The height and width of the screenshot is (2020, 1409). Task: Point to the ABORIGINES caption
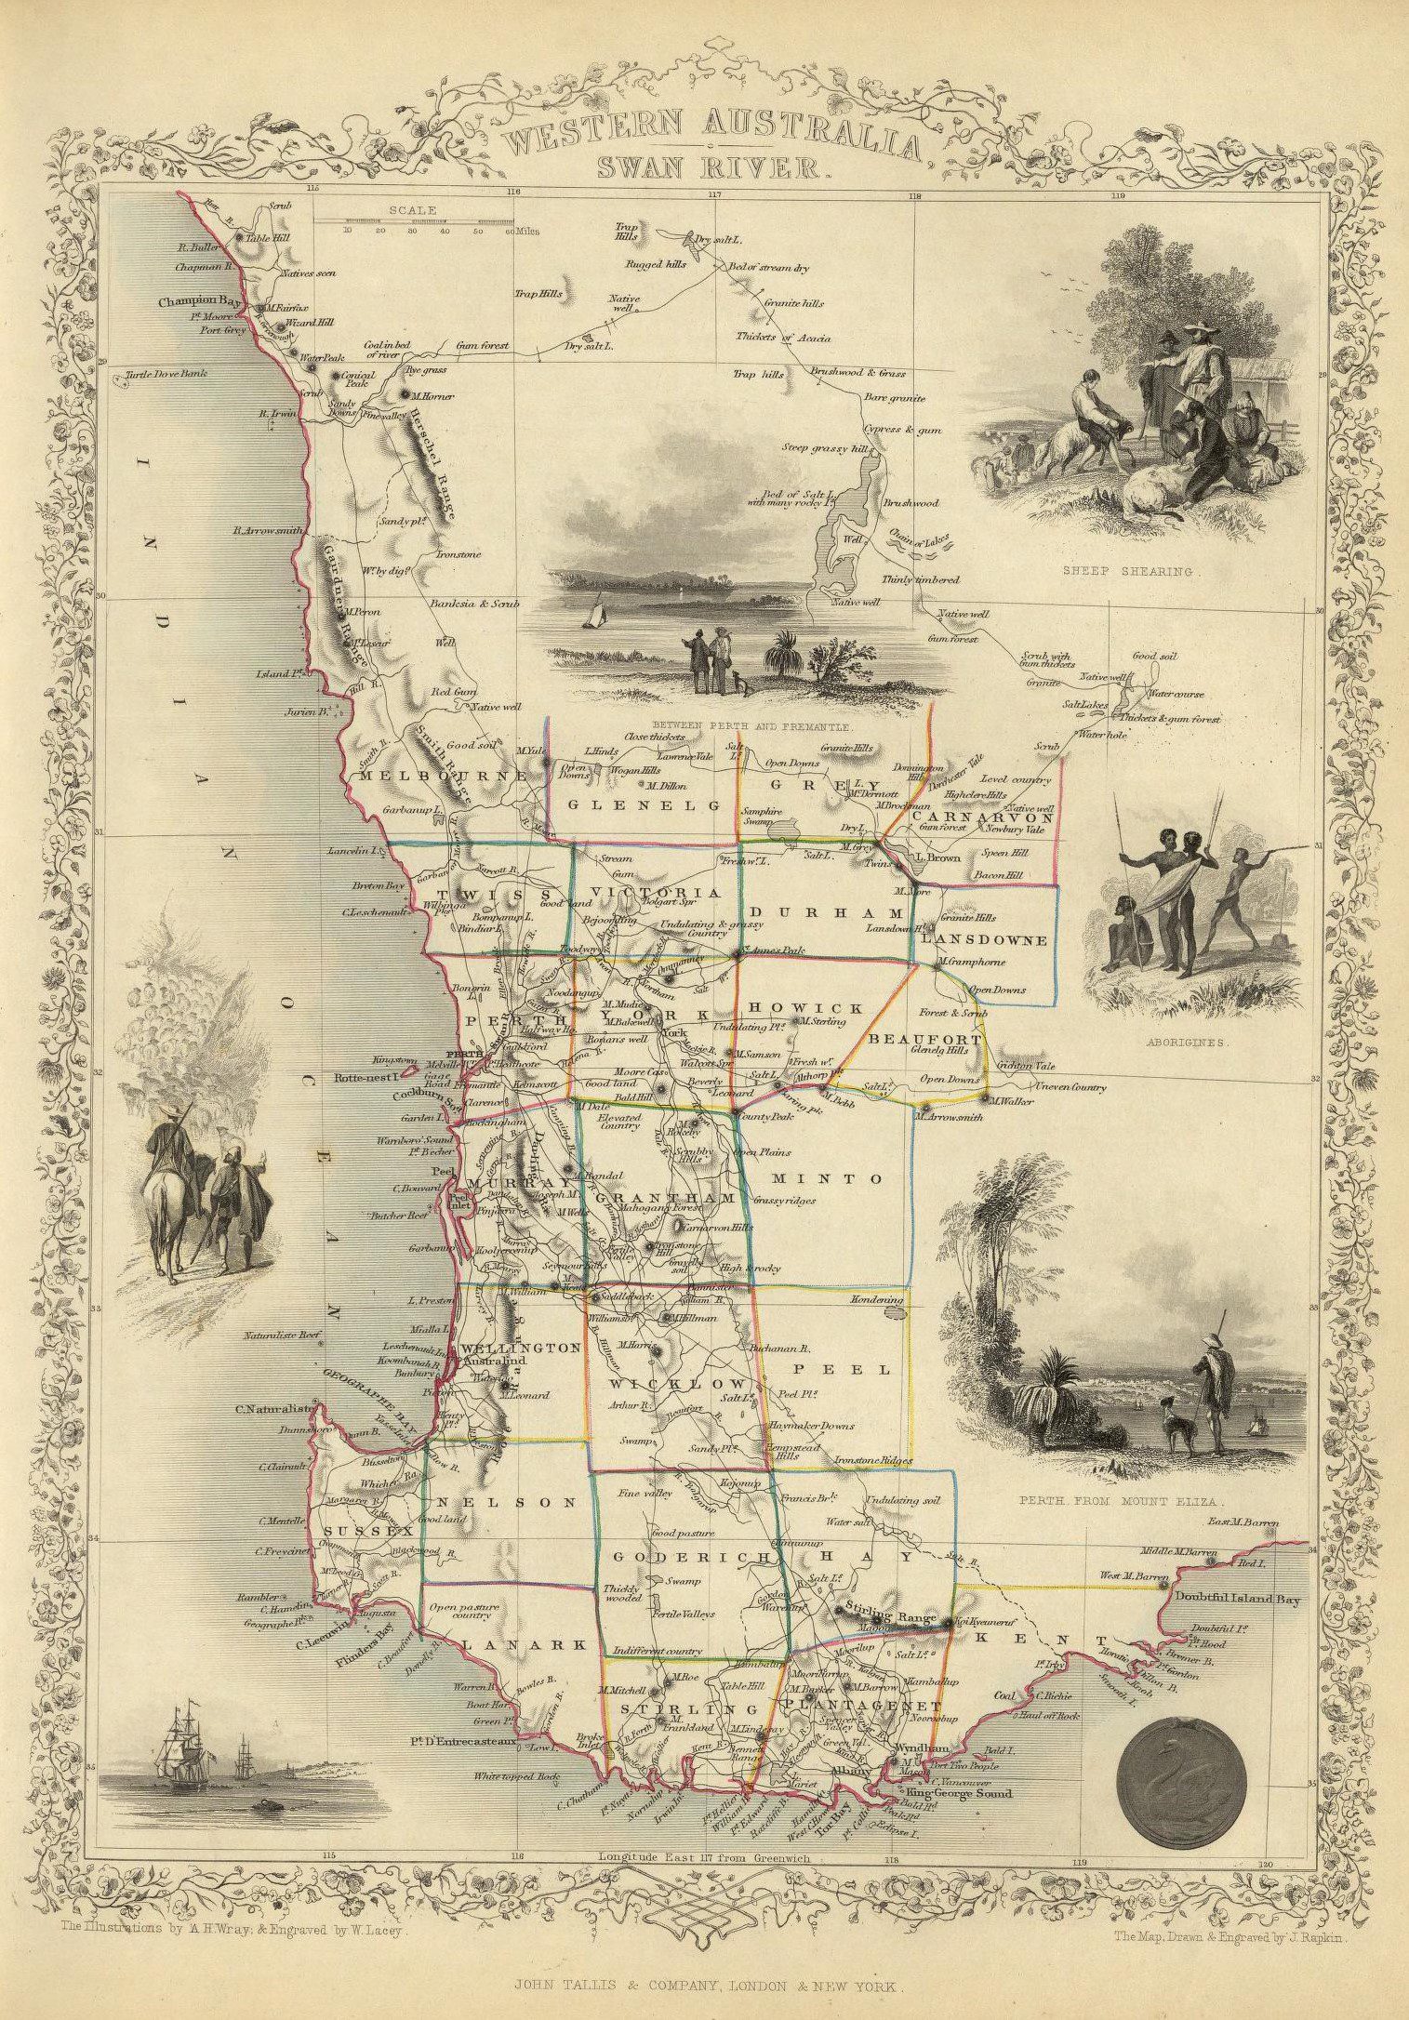pyautogui.click(x=1175, y=1043)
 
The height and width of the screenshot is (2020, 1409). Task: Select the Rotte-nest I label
pyautogui.click(x=366, y=1078)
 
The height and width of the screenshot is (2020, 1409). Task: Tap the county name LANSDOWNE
pyautogui.click(x=984, y=940)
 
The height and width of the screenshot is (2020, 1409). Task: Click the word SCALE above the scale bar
pyautogui.click(x=414, y=210)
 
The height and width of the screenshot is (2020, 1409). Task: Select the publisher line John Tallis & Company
pyautogui.click(x=704, y=1985)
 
